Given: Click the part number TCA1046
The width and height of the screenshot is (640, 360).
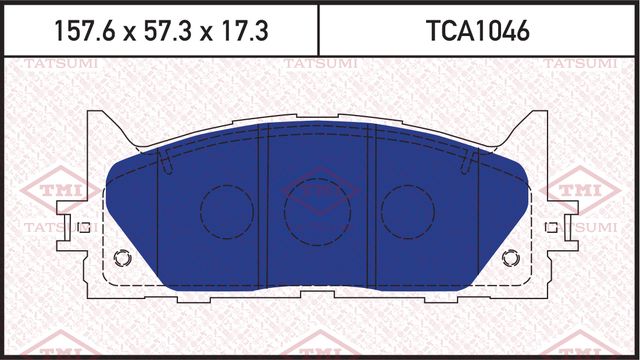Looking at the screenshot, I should [x=478, y=31].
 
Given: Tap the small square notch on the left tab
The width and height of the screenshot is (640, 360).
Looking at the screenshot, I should [x=85, y=227].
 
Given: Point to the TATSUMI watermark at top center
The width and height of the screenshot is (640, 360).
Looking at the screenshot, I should [x=315, y=66].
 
